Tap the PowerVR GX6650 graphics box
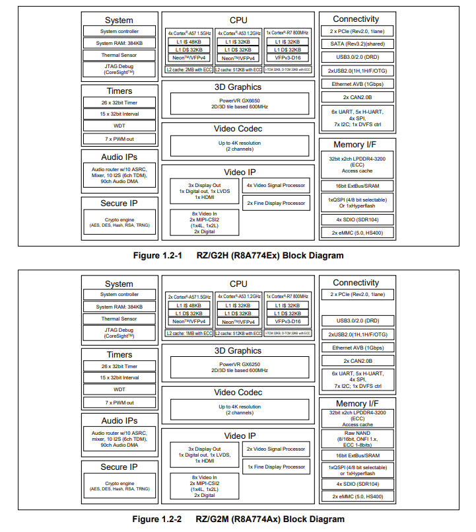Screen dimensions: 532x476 coord(239,103)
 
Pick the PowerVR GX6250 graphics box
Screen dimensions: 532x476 coord(239,367)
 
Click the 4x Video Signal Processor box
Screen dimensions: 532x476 coord(275,186)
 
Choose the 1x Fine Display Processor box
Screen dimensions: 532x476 coord(275,467)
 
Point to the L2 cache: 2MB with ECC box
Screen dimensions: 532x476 coord(189,69)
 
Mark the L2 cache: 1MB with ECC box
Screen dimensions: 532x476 coord(189,333)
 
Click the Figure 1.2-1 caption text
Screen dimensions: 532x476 coord(238,255)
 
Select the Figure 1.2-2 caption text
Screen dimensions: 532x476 coord(238,519)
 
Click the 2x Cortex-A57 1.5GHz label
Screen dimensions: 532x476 coord(189,296)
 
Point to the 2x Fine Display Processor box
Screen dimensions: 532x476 coord(275,204)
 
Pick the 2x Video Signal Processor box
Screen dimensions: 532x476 coord(275,449)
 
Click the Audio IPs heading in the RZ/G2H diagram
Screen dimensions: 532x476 coord(119,157)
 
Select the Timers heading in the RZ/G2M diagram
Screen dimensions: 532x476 coord(119,355)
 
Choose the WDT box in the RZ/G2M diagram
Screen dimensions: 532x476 coord(119,390)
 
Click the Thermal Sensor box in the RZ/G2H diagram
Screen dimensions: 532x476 coord(119,56)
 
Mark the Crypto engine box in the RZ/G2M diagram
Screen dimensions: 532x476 coord(119,486)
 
